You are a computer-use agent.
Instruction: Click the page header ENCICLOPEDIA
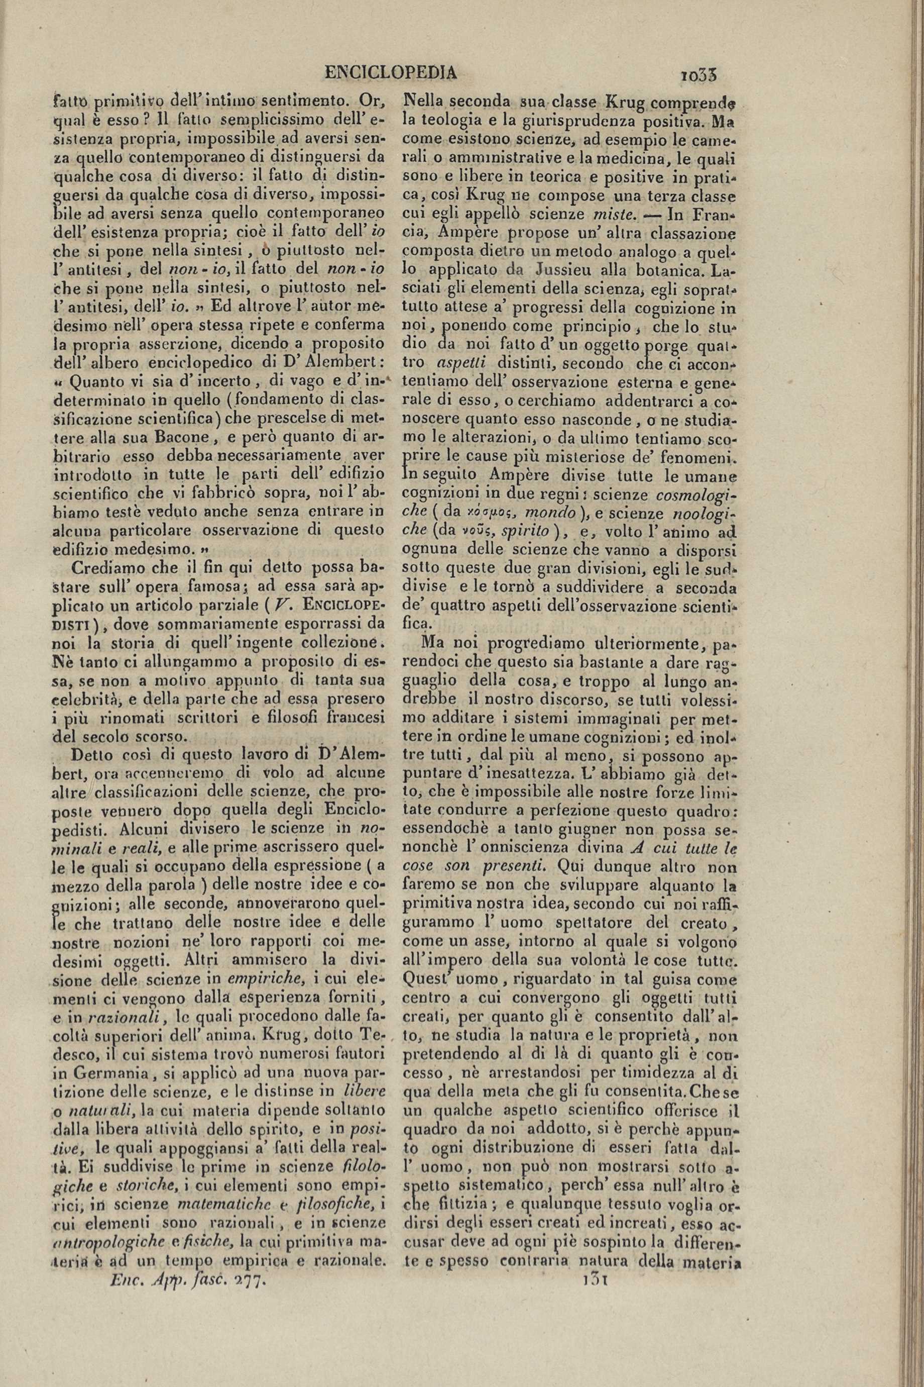(x=390, y=73)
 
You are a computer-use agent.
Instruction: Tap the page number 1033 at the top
(x=698, y=75)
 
